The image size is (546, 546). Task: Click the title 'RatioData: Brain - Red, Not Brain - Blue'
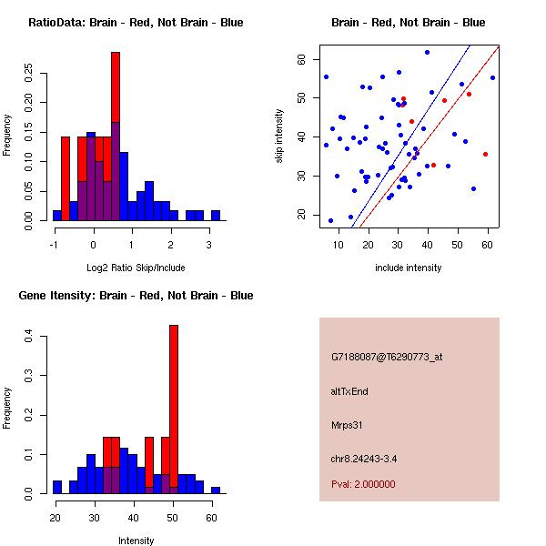pyautogui.click(x=136, y=23)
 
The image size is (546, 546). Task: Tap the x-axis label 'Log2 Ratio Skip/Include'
pyautogui.click(x=136, y=268)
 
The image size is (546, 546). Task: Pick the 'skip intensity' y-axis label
pyautogui.click(x=279, y=136)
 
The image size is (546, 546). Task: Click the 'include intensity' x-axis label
pyautogui.click(x=409, y=268)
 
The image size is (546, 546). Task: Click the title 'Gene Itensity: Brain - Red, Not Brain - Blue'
pyautogui.click(x=136, y=296)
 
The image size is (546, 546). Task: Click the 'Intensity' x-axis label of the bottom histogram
pyautogui.click(x=136, y=541)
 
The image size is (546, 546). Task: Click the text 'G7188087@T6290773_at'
pyautogui.click(x=387, y=358)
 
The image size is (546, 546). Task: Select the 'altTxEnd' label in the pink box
pyautogui.click(x=349, y=391)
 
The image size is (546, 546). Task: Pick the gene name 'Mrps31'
pyautogui.click(x=347, y=425)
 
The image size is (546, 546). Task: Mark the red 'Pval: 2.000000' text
pyautogui.click(x=363, y=484)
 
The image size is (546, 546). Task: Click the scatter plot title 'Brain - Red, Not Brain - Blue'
pyautogui.click(x=409, y=23)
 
